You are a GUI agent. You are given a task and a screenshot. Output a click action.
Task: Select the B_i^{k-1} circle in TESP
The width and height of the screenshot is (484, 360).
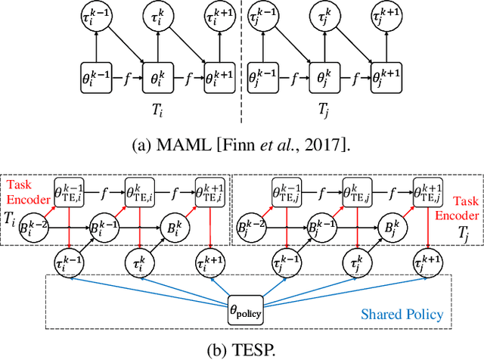(101, 227)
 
